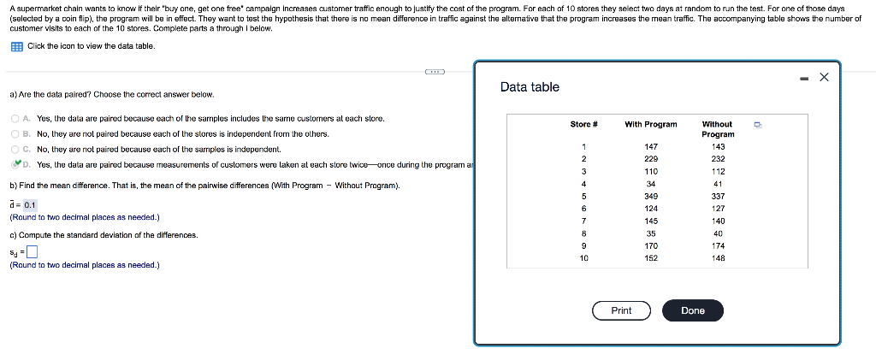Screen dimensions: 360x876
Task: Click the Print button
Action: (621, 310)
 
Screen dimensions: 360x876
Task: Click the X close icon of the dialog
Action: (824, 78)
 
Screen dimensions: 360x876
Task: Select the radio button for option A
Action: (15, 118)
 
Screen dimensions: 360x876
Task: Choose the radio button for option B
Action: (15, 133)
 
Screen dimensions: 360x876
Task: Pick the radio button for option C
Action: (15, 149)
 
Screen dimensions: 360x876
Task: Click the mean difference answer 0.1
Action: (30, 205)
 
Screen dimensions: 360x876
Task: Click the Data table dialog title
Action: (530, 87)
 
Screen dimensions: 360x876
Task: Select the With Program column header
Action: (650, 125)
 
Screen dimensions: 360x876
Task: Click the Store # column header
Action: (583, 125)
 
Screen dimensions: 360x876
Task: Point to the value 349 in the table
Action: (650, 195)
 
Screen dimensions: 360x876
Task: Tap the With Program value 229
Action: (650, 159)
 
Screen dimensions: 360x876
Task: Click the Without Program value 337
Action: (718, 195)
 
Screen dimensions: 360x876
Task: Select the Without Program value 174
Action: (718, 245)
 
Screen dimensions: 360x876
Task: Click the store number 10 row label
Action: (583, 257)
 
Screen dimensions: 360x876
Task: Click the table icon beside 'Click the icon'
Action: (16, 45)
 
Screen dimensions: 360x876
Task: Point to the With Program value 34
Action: (650, 183)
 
